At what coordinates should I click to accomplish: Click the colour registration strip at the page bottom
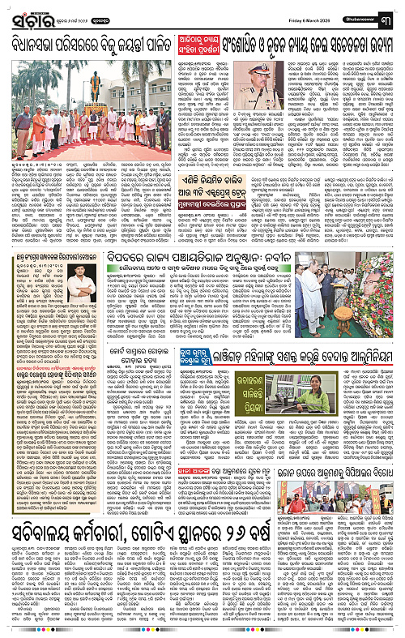[x=202, y=633]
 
